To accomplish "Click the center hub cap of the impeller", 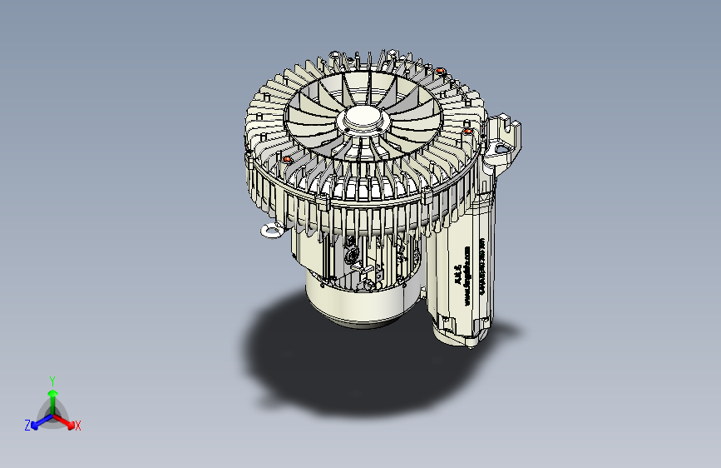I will point(363,119).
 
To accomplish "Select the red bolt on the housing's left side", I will point(288,158).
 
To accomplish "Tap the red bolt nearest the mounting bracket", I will point(468,131).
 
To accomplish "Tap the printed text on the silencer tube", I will point(466,275).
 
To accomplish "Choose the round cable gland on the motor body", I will point(351,251).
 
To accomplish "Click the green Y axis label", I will point(52,379).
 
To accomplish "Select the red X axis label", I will point(78,426).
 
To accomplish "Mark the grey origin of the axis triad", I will point(52,415).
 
